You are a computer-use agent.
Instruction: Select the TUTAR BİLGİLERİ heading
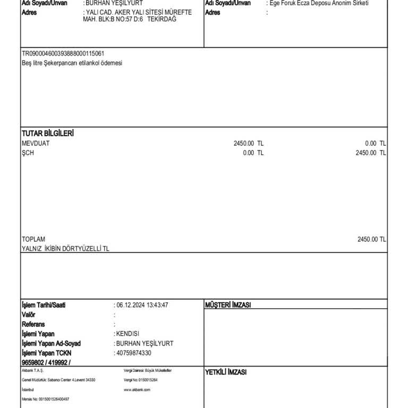47,133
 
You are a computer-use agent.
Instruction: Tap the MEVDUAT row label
36,143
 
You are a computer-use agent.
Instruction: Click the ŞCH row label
28,153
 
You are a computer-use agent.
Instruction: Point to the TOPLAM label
33,240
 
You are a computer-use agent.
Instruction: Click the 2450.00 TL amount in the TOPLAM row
371,240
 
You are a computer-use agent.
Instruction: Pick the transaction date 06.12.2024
130,305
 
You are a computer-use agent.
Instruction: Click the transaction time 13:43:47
157,305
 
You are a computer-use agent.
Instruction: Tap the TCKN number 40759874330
133,353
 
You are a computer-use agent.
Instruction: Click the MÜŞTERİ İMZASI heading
228,305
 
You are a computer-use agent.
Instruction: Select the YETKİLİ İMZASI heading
226,372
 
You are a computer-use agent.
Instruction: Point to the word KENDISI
127,334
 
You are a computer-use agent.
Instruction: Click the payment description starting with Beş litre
72,63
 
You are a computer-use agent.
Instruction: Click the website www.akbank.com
137,389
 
